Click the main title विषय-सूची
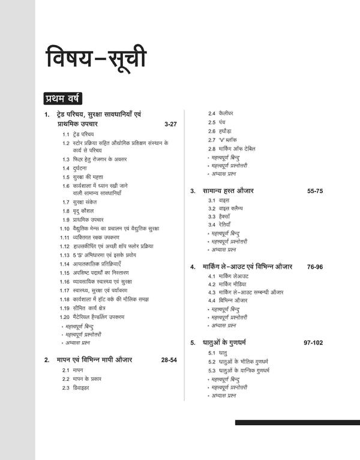[x=96, y=61]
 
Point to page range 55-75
[x=315, y=191]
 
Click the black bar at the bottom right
[x=297, y=423]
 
